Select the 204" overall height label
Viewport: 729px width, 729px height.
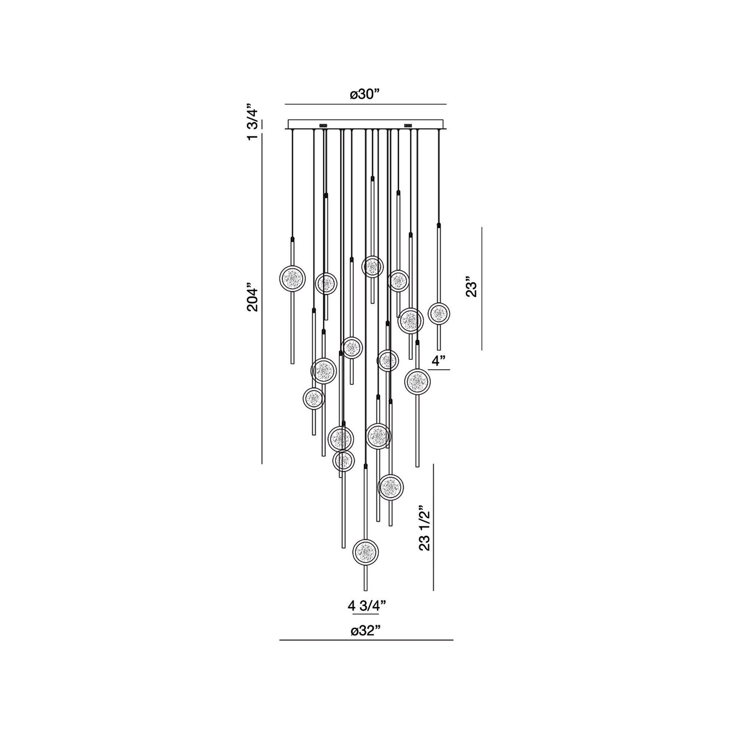[253, 300]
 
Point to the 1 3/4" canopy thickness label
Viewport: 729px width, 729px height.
[253, 124]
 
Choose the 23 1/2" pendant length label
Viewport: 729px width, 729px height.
[424, 528]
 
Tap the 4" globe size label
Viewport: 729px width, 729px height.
[439, 361]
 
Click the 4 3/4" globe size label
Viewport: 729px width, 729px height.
[367, 606]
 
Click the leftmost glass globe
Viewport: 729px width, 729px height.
[293, 278]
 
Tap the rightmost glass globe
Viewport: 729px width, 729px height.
[439, 313]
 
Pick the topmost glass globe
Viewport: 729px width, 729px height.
[372, 266]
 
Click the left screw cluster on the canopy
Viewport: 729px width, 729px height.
[323, 125]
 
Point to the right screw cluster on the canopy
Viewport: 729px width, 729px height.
[408, 125]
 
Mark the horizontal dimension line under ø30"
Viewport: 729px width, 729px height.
[365, 104]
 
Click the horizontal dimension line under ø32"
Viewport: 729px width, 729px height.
[366, 640]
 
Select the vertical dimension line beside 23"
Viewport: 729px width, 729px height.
[482, 288]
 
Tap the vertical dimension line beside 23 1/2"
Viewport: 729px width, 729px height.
[434, 527]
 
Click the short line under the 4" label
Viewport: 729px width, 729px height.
[439, 370]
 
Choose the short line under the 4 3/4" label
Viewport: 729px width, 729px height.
[366, 615]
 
